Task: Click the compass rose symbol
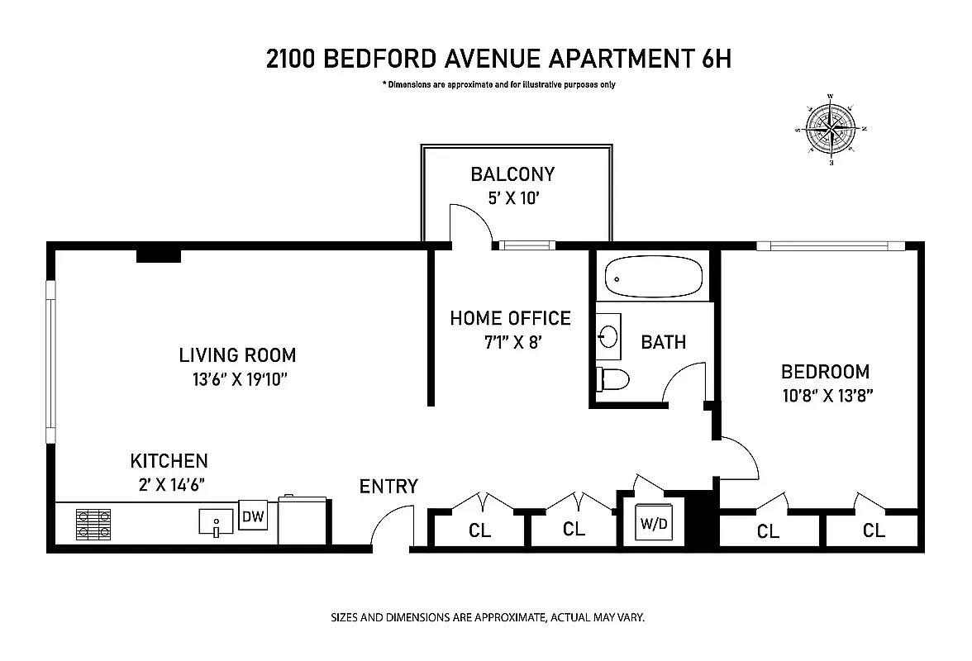(831, 129)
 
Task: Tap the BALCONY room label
(512, 174)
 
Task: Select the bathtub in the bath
(654, 278)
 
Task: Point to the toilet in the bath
(613, 379)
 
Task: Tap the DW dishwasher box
(252, 517)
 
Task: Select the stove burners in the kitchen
(93, 524)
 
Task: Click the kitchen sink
(217, 523)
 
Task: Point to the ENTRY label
(388, 487)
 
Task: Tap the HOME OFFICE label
(510, 318)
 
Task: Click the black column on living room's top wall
(158, 255)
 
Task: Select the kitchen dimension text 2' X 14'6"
(169, 483)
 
